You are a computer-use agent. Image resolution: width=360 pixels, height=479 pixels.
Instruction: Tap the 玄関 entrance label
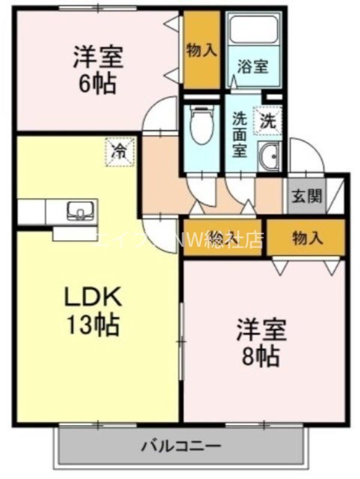pyautogui.click(x=307, y=196)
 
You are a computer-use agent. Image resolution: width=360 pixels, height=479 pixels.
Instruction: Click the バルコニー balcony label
pyautogui.click(x=181, y=446)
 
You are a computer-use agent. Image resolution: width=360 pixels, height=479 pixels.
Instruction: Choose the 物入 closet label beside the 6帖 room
pyautogui.click(x=201, y=50)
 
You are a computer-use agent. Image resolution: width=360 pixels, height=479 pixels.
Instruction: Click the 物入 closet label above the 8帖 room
pyautogui.click(x=307, y=238)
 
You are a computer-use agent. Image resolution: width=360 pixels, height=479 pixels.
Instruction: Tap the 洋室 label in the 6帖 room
pyautogui.click(x=98, y=58)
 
